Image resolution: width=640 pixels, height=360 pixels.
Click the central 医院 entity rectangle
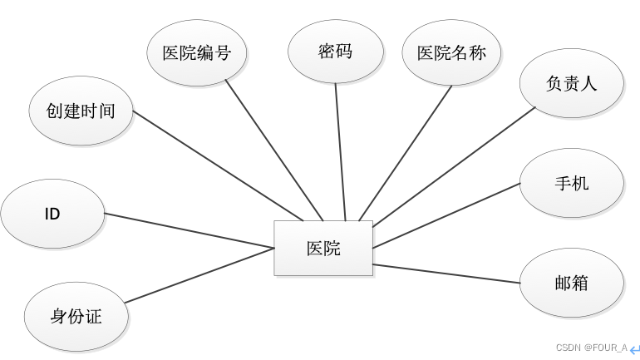pos(323,248)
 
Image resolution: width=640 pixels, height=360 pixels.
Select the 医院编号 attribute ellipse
pos(196,53)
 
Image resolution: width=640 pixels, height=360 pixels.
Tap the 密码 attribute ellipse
pos(335,52)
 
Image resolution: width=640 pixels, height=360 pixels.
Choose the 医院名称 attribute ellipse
pos(450,53)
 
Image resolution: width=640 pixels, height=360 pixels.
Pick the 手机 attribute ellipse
pos(572,182)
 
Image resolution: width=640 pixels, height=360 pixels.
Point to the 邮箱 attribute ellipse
pos(572,283)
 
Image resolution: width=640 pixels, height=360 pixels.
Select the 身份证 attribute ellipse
pos(76,316)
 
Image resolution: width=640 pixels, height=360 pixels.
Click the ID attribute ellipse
pos(52,214)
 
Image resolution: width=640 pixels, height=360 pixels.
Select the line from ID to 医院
pos(190,230)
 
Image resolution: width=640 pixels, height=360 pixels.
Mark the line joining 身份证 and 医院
pos(199,274)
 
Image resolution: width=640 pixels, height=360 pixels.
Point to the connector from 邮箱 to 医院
pos(447,274)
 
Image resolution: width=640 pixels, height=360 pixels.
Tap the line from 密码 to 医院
pos(340,150)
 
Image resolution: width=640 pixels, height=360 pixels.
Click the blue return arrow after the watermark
pos(634,349)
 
